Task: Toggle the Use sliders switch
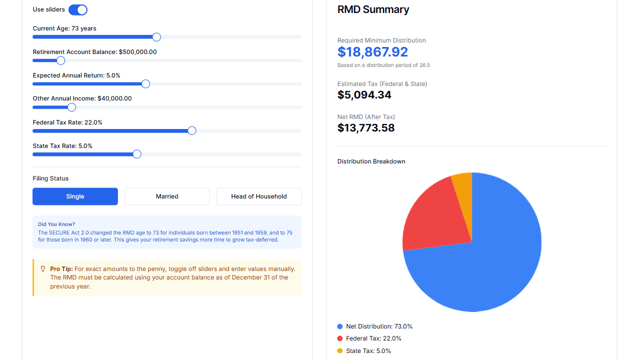(x=78, y=10)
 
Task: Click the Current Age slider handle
(x=156, y=37)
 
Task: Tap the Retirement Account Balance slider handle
(x=61, y=60)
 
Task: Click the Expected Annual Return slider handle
(x=146, y=84)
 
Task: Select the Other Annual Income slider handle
(x=71, y=107)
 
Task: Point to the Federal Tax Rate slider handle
(x=192, y=131)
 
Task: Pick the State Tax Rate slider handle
(x=137, y=154)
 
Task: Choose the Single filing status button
(x=75, y=196)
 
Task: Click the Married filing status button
(x=167, y=196)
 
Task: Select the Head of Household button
(x=259, y=196)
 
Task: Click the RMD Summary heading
(x=373, y=9)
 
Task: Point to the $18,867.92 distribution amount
(x=372, y=52)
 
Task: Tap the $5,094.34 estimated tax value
(x=364, y=95)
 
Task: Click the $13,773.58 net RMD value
(x=366, y=128)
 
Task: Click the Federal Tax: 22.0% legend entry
(x=373, y=338)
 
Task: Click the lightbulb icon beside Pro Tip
(x=43, y=269)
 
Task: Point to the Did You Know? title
(x=56, y=224)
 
